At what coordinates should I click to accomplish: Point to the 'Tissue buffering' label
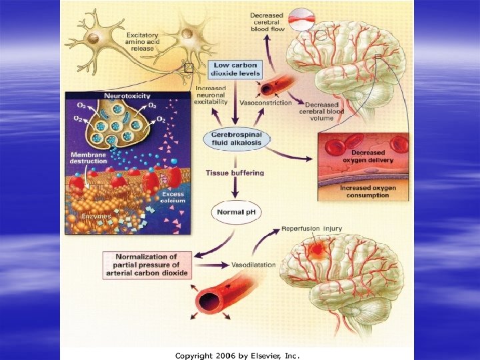234,173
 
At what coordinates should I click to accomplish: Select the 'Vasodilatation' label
253,265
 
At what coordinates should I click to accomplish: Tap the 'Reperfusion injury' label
311,229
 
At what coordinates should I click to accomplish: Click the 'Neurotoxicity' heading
127,96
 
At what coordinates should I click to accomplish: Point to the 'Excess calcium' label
173,197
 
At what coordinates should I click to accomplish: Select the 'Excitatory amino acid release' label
145,42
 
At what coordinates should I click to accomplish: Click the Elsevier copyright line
237,355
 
